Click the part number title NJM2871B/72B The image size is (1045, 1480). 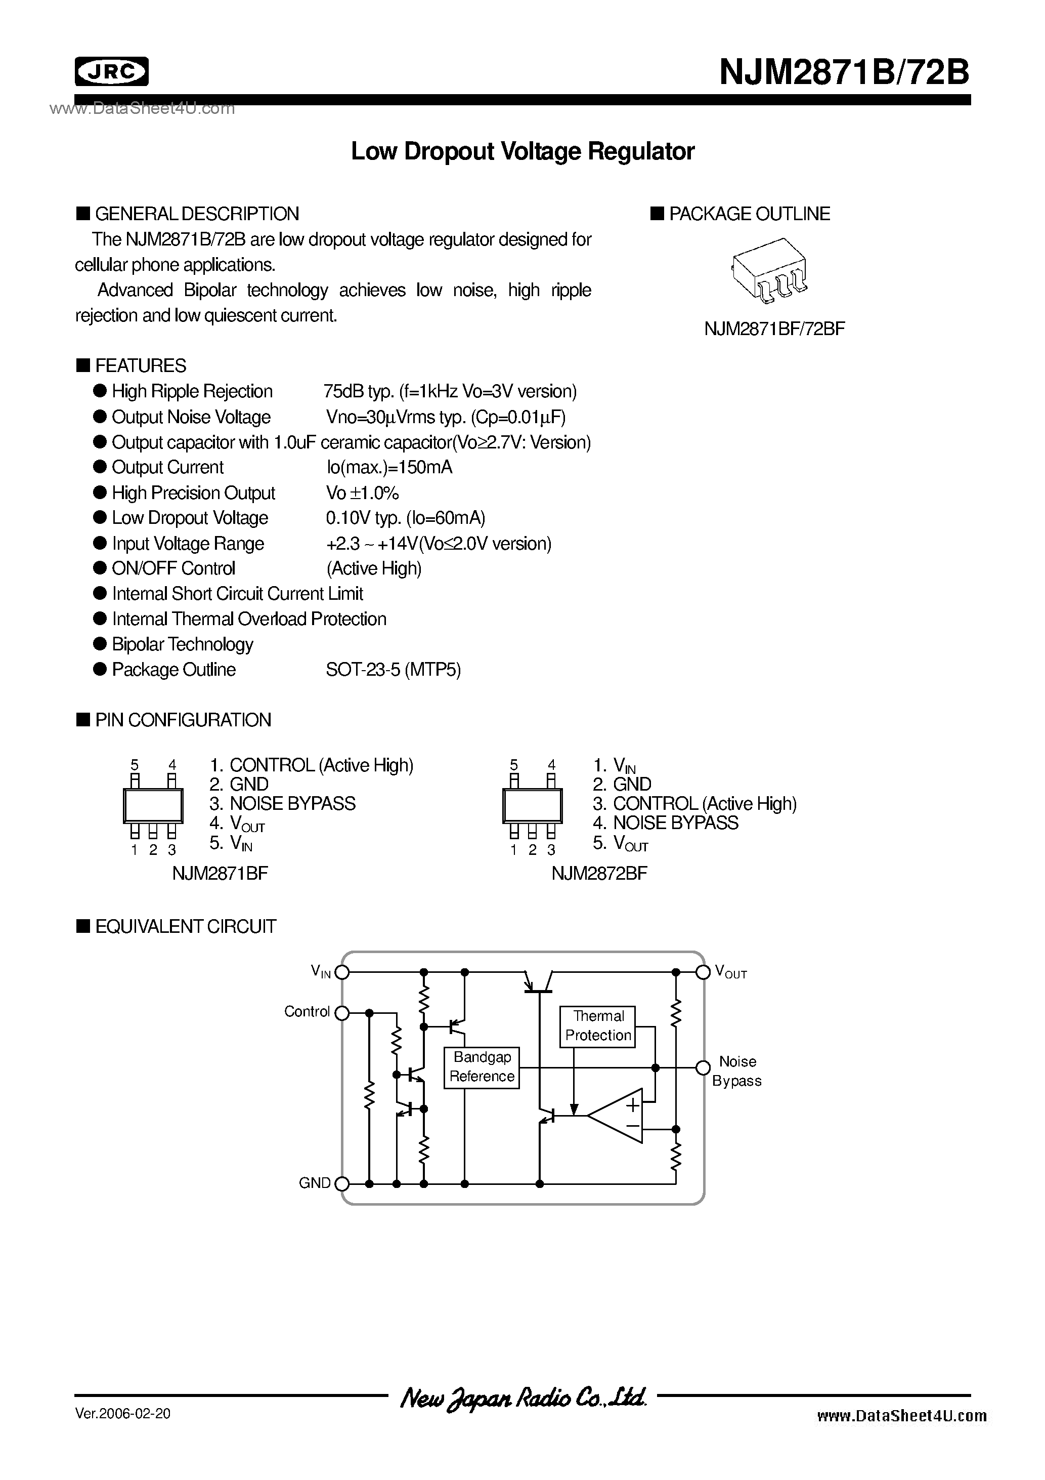pos(844,72)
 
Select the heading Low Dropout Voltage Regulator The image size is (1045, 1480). pos(522,151)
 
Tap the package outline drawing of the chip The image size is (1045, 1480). pos(769,271)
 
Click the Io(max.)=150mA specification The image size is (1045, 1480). pos(389,467)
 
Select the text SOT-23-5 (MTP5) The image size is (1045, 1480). pos(393,670)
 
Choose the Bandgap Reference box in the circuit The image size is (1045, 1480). pos(482,1067)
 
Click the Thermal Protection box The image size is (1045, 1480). pos(598,1025)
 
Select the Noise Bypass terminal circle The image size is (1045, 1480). pos(703,1068)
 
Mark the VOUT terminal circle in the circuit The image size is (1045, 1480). pos(703,972)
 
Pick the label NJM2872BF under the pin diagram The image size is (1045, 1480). pos(599,874)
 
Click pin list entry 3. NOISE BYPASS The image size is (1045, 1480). pos(282,804)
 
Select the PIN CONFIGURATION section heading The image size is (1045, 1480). pos(183,720)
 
